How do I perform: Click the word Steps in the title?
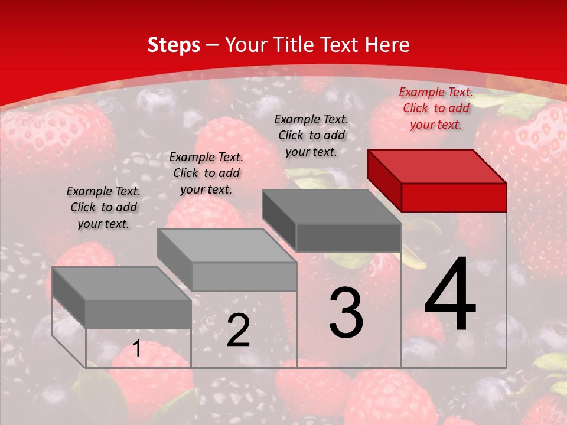(174, 45)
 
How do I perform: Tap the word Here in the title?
(387, 45)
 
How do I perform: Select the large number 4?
(450, 295)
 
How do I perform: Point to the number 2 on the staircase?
(238, 331)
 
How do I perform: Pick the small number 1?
(137, 349)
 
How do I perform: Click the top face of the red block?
(437, 166)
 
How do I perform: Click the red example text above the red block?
(436, 108)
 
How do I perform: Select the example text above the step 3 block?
(311, 135)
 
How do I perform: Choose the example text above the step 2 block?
(206, 173)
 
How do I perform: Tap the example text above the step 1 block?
(103, 207)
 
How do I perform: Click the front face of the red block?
(454, 197)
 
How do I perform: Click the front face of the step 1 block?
(138, 314)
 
